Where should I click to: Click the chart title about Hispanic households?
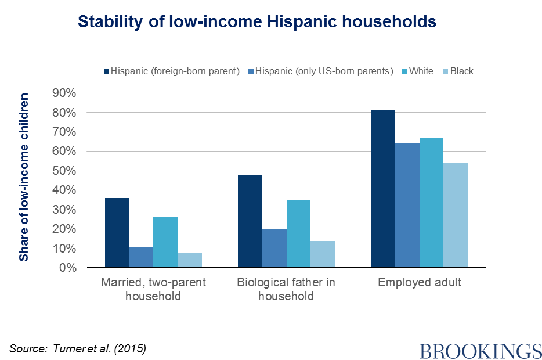coord(256,22)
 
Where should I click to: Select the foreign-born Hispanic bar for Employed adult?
coord(383,189)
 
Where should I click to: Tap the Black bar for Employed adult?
coord(456,215)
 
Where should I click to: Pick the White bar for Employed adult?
coord(431,203)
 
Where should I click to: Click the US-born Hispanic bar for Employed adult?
coord(407,206)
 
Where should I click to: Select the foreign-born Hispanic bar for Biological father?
coord(250,221)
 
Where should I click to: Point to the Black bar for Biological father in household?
coord(323,254)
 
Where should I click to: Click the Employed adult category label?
coord(420,283)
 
